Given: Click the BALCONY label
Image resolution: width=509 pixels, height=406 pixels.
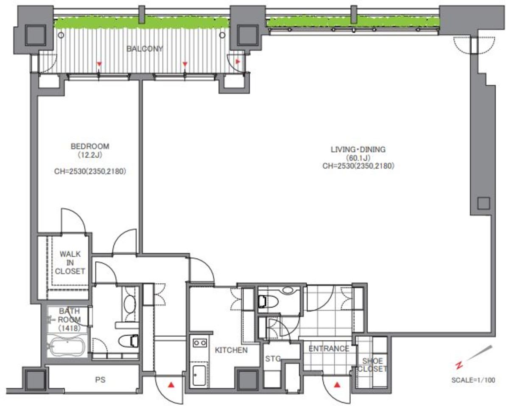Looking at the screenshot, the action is tap(145, 49).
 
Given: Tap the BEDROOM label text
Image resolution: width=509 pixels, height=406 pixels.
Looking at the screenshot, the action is tap(90, 146).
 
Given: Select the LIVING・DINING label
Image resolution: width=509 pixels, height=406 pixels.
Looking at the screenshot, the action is tap(358, 149).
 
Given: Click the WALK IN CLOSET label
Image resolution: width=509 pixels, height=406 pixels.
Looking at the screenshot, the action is tap(70, 262).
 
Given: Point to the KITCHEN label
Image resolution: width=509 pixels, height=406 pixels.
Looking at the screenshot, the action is tap(231, 350).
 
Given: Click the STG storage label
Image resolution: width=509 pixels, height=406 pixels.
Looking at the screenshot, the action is tap(273, 358).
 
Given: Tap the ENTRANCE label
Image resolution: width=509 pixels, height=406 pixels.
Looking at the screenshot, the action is tap(329, 348).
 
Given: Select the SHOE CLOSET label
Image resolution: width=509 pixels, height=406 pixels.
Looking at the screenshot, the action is tap(372, 364).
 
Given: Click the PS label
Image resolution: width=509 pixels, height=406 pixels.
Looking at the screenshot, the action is tap(100, 380).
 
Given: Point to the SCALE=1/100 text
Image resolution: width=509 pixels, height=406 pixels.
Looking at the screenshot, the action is tap(473, 380).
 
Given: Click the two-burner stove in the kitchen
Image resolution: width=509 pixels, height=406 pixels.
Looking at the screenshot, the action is tap(200, 343).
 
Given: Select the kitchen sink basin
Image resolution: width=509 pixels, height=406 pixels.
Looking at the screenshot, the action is tap(199, 375).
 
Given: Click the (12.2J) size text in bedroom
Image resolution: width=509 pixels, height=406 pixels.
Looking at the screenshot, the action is tap(90, 155).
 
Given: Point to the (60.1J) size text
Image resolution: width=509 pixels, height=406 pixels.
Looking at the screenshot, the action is tap(358, 157).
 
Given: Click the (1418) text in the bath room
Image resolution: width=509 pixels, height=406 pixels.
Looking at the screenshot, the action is tap(69, 328).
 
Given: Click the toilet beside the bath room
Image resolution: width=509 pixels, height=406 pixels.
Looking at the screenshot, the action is tap(128, 341).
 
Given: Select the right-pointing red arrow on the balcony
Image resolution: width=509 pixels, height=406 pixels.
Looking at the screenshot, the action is tap(238, 62).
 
